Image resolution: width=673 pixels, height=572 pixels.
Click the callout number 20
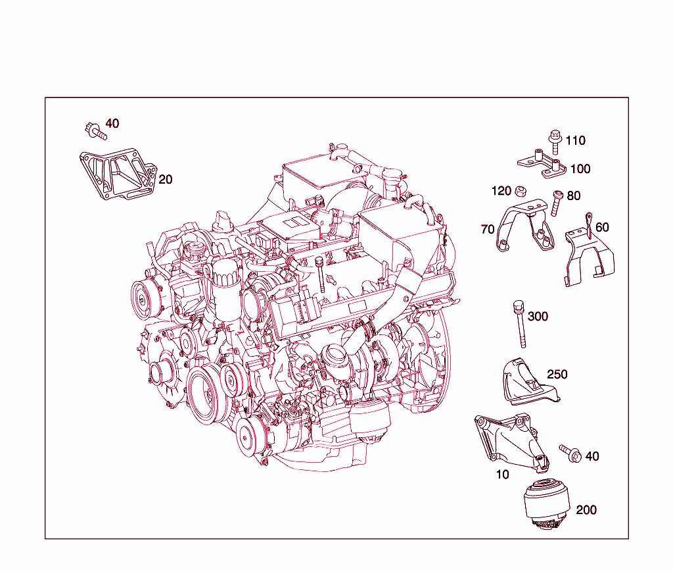point(166,179)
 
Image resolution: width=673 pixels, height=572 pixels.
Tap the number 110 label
point(574,140)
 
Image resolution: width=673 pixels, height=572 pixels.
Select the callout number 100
point(580,169)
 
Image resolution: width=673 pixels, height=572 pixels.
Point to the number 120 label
point(501,191)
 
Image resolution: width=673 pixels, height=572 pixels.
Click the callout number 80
point(573,195)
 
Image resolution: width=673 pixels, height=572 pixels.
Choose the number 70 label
point(488,229)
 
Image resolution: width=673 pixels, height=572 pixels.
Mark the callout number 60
point(601,227)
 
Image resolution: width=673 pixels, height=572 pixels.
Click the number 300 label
point(538,317)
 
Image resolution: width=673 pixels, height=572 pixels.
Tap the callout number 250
point(557,374)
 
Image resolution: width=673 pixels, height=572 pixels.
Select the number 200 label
point(586,509)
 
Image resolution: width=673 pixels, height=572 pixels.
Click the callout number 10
point(502,473)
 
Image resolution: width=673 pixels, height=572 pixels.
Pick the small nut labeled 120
point(520,192)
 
